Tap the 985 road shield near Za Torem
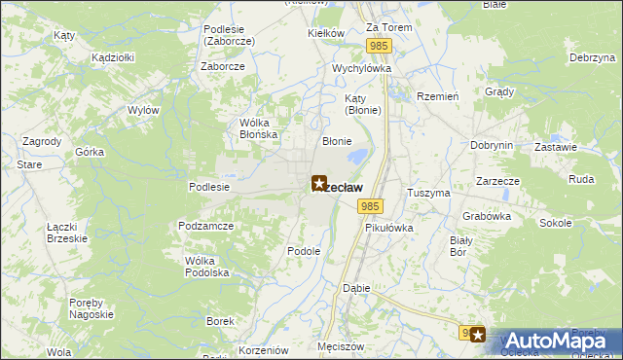[380, 46]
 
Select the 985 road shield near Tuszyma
[369, 206]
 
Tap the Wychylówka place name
[361, 69]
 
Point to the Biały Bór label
[460, 245]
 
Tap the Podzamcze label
[203, 225]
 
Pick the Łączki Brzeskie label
[67, 232]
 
